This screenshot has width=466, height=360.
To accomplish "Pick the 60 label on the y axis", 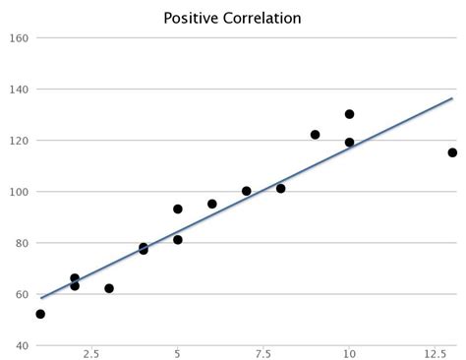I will click(22, 294).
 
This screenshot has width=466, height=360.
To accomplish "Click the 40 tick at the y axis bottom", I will click(22, 345).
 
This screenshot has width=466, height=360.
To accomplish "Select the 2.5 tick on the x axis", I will click(91, 352).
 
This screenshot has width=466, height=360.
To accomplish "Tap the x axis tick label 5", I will click(178, 352).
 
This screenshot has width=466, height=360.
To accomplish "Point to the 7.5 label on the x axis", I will click(263, 352).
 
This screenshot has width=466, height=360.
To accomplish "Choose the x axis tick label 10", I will click(349, 352).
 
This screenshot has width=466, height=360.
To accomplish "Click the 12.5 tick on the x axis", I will click(435, 352).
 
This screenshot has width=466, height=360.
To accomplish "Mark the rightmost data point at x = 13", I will click(452, 152).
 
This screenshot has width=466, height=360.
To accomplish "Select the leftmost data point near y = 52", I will click(40, 314).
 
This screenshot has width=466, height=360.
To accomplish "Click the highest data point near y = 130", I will click(349, 114).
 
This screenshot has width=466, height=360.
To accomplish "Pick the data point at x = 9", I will click(315, 135).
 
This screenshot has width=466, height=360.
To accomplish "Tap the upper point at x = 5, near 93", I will click(178, 209).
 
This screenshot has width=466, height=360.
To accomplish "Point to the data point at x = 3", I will click(109, 288).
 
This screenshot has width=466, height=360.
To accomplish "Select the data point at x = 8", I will click(280, 188).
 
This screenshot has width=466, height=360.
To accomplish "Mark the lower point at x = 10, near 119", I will click(349, 143).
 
